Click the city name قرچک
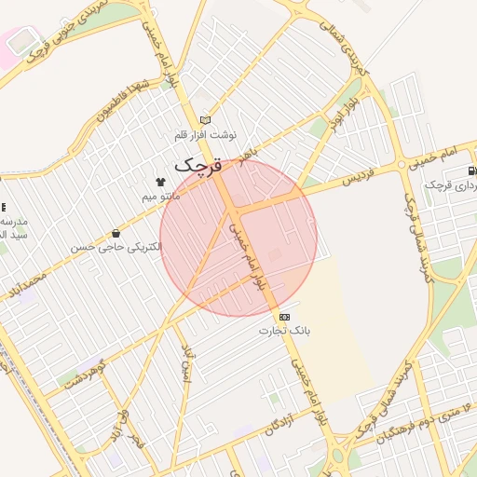[x=199, y=166]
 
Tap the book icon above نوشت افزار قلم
[x=205, y=119]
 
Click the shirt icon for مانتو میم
[x=160, y=181]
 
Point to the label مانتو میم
[x=160, y=197]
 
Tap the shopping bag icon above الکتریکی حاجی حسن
[x=115, y=233]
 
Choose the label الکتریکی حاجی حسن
[x=115, y=248]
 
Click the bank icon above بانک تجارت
[x=284, y=317]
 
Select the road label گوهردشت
[x=87, y=370]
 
